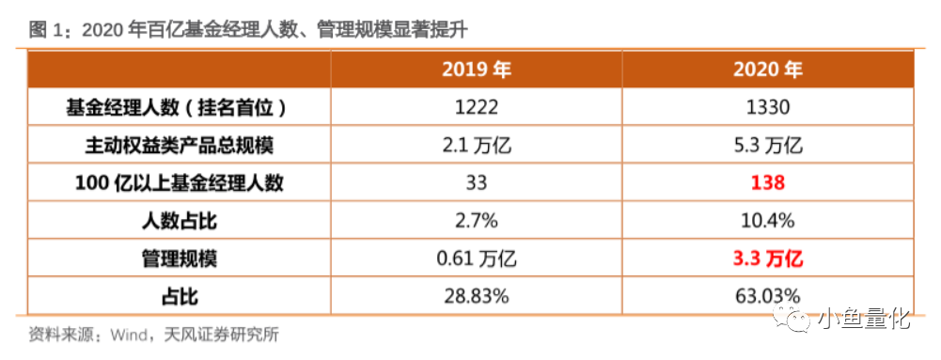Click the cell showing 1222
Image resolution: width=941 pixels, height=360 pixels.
pos(477,108)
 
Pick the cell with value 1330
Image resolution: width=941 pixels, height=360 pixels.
pos(768,108)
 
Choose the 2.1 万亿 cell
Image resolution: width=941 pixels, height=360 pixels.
pos(477,146)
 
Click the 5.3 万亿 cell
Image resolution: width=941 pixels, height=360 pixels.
pos(768,146)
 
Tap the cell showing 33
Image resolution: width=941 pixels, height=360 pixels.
pos(477,183)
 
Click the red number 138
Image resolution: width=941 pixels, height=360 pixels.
pos(768,183)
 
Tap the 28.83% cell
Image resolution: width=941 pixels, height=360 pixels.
pos(477,296)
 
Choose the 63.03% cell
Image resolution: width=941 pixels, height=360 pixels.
pos(768,296)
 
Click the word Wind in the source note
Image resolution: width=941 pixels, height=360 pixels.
pos(129,335)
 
